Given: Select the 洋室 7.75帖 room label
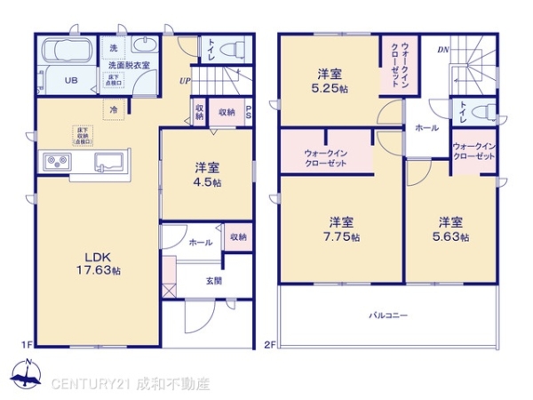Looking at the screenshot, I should [342, 229].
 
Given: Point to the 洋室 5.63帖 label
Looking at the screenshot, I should [450, 229].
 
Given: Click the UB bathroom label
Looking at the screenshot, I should [71, 78].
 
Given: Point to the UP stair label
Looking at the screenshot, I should [184, 80].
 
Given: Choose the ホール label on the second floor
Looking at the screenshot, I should [426, 128].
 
